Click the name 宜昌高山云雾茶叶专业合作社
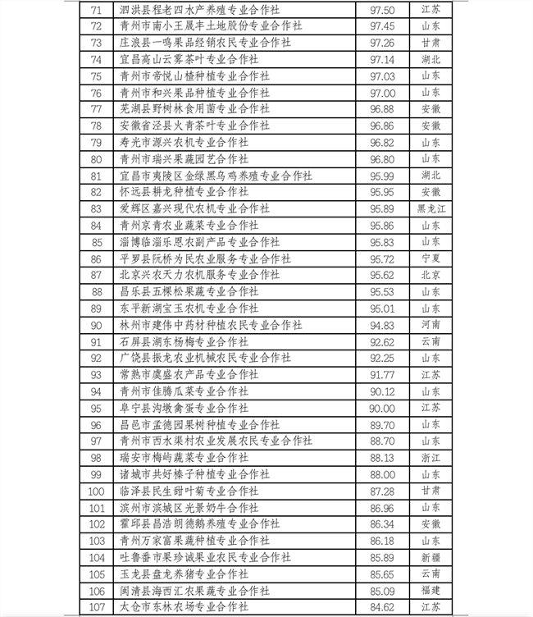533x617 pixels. pos(189,59)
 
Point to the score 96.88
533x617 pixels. pos(384,108)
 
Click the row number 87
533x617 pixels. pos(97,275)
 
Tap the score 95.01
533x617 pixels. pos(384,308)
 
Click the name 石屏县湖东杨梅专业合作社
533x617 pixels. pos(189,341)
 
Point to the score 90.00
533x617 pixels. pos(384,408)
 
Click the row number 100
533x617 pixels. pos(97,491)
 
